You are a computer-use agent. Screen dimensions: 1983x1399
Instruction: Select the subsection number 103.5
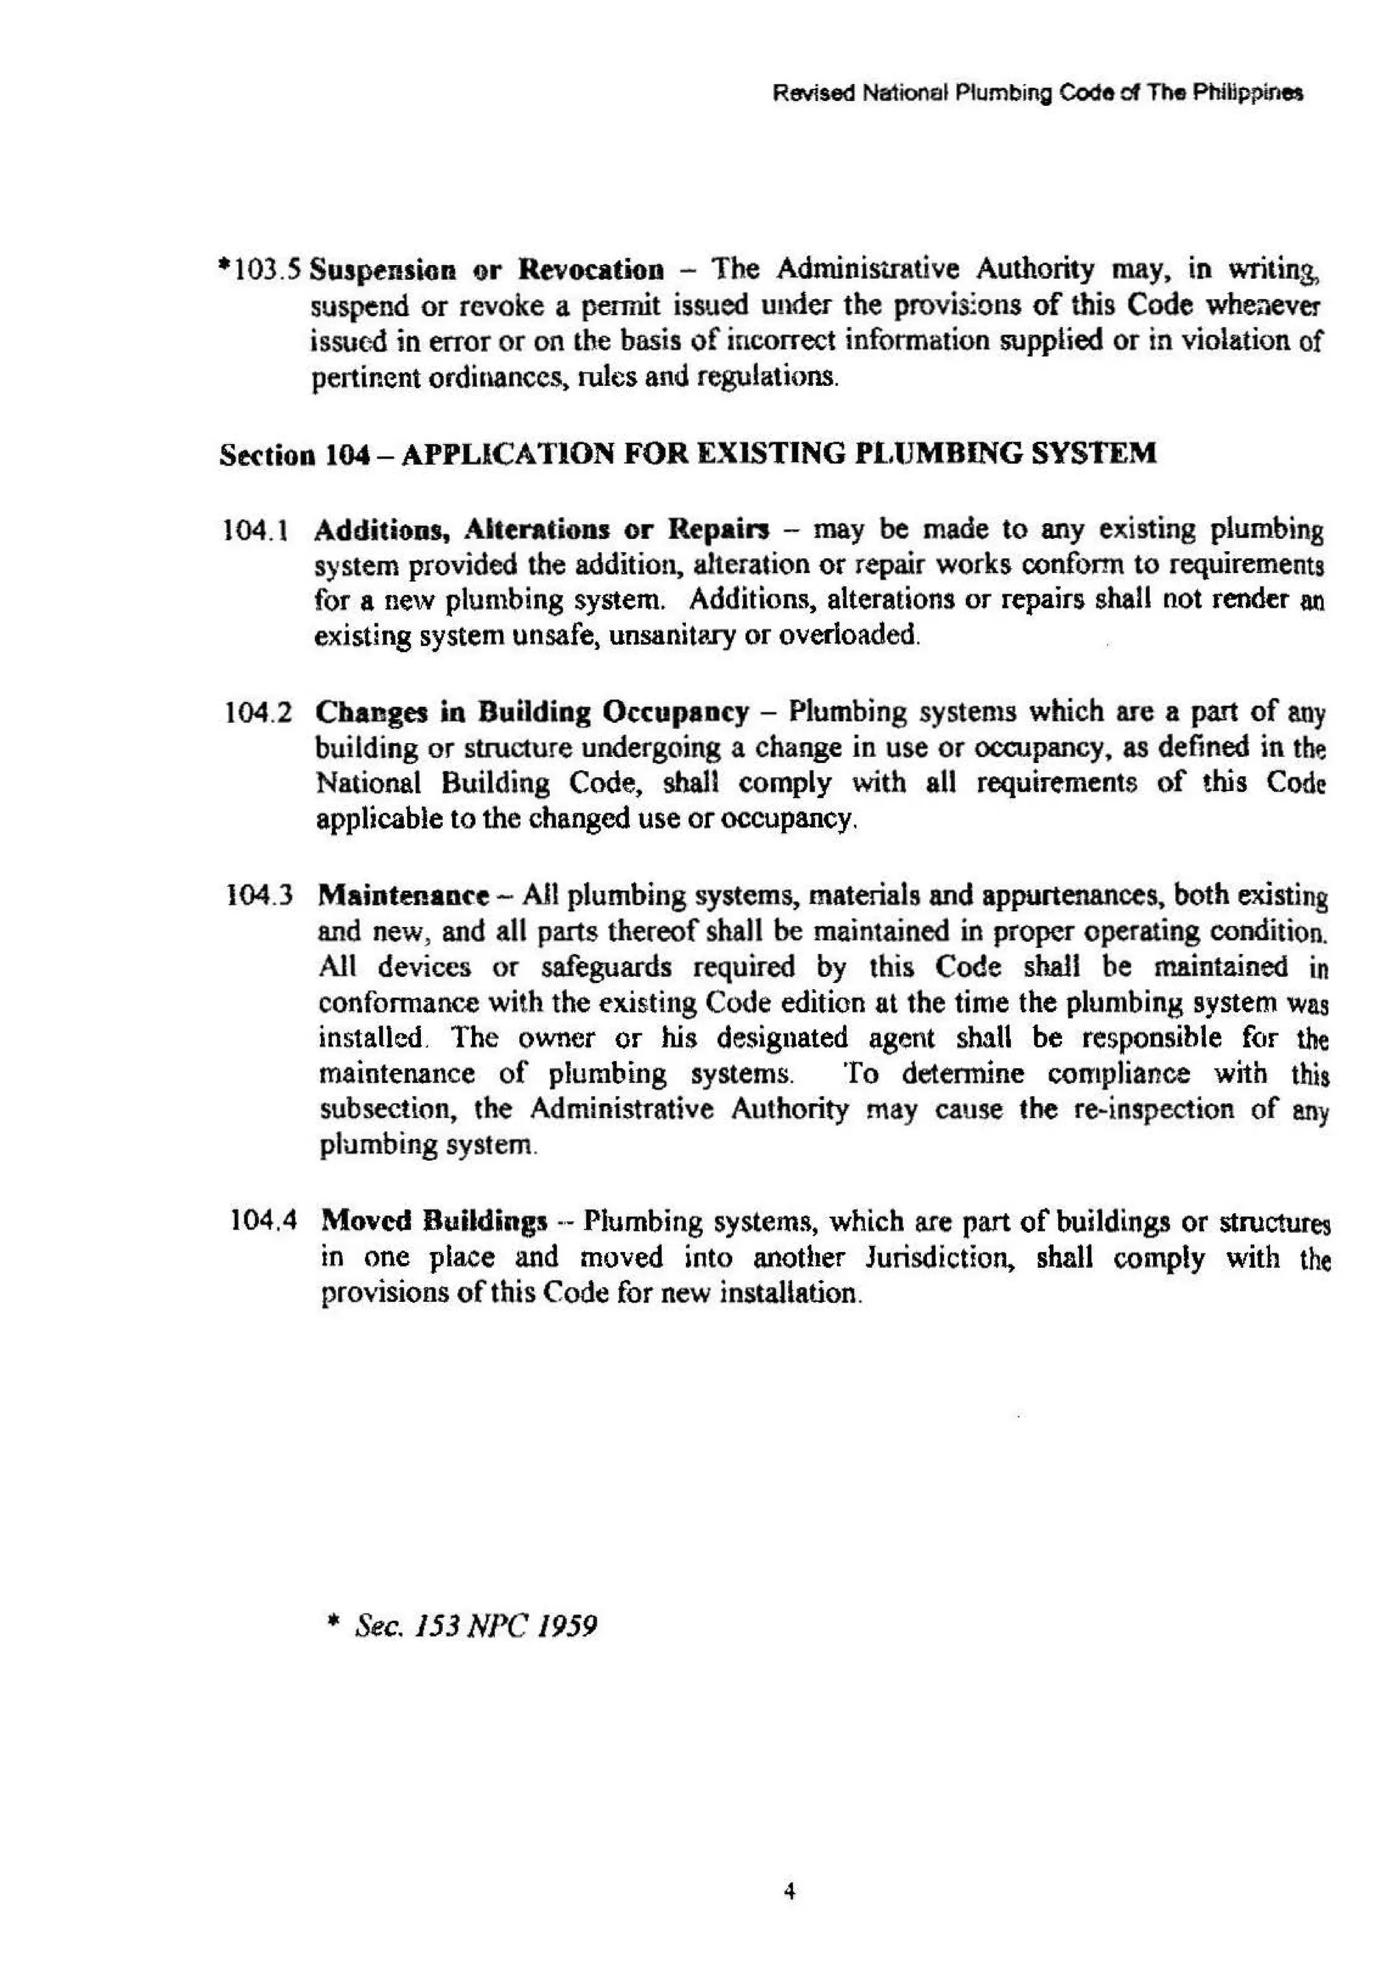coord(262,271)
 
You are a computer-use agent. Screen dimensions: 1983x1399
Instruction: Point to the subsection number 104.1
coord(255,529)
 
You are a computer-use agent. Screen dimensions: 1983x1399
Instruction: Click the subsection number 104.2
coord(256,712)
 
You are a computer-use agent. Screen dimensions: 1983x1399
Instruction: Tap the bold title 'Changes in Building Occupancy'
coord(532,712)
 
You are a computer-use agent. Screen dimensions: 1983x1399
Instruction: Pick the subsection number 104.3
coord(259,895)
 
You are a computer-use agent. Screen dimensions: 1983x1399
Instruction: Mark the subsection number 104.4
coord(264,1221)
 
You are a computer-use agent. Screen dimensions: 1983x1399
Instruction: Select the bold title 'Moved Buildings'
coord(434,1221)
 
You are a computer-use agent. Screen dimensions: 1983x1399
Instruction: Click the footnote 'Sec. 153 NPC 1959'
coord(475,1626)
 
